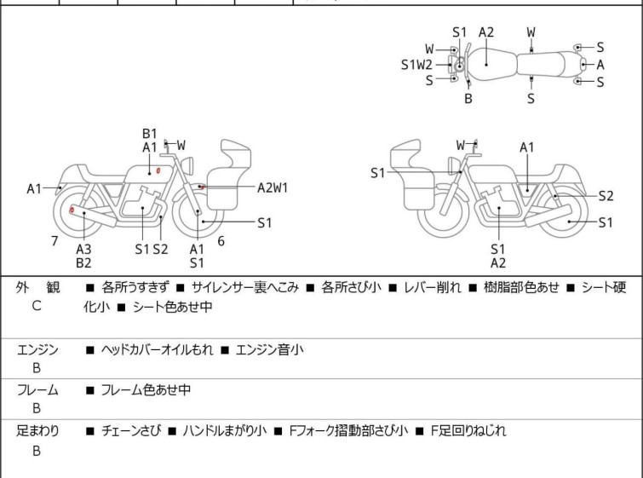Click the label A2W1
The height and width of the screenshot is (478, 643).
273,187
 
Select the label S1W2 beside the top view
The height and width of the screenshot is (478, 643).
416,64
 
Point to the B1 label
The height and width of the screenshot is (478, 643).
150,133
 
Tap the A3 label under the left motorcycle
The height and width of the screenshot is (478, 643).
83,249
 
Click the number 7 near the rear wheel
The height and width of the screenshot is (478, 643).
55,241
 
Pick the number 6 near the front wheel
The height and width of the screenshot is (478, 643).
221,241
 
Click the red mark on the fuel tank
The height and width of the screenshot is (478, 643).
158,172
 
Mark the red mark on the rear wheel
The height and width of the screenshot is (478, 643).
72,210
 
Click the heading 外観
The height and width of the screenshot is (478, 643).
37,288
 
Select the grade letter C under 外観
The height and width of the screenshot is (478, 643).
37,305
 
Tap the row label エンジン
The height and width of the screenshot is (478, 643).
37,349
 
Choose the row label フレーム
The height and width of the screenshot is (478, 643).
37,390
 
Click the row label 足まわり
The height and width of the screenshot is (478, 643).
37,431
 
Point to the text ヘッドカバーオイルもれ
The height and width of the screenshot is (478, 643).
157,349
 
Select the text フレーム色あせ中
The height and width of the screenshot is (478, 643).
146,390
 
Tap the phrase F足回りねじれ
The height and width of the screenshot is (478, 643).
467,431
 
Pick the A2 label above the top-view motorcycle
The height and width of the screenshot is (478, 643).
485,32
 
